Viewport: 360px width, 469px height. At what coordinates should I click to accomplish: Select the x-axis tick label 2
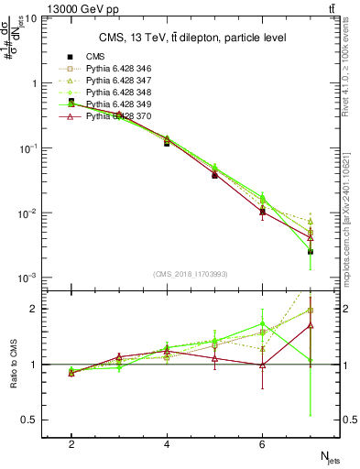(71, 444)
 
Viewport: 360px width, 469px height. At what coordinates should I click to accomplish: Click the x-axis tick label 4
(167, 444)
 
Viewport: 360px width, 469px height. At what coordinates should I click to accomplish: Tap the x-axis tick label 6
(262, 444)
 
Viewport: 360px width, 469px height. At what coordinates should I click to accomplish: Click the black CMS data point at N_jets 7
(311, 251)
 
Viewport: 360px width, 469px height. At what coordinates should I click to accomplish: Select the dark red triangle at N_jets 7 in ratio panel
(311, 325)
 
